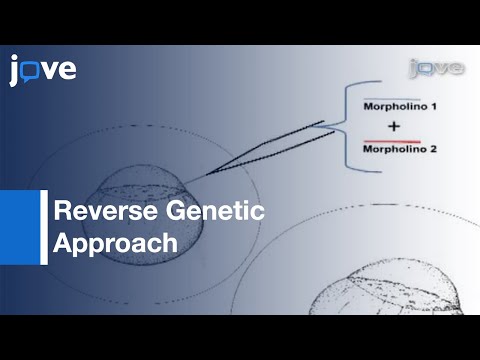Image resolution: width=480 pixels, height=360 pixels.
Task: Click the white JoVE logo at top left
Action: [x=43, y=71]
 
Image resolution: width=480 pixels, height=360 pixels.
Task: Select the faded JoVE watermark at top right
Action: [x=435, y=69]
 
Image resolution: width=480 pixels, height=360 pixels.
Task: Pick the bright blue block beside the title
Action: [x=19, y=227]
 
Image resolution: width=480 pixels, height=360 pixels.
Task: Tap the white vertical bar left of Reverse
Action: [x=44, y=227]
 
